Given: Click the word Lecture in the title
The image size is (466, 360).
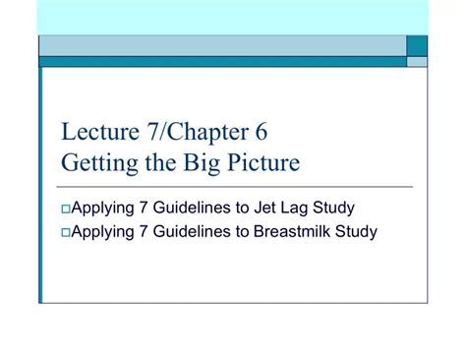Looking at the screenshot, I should [93, 133].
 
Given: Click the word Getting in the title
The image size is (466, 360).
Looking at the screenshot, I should [93, 161].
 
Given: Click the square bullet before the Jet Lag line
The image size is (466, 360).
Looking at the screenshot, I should [65, 209].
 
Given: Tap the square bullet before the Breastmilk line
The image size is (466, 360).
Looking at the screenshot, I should [65, 233].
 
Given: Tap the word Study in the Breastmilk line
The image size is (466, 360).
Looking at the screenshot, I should [357, 232].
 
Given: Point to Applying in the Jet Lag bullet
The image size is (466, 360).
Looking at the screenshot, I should [98, 209].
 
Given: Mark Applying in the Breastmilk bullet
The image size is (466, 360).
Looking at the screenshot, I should [98, 233].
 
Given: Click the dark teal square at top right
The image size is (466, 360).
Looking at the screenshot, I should [418, 45].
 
